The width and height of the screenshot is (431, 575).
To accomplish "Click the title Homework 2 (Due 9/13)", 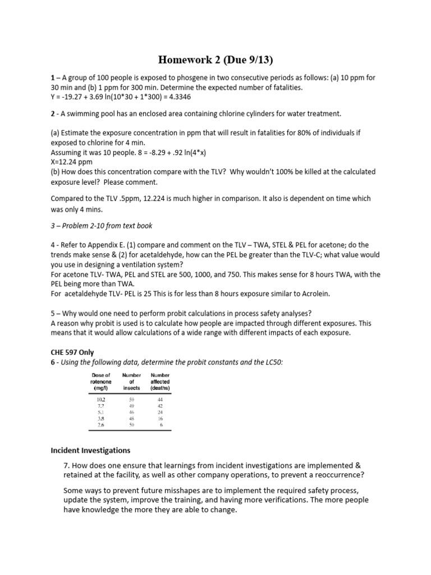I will click(x=215, y=60).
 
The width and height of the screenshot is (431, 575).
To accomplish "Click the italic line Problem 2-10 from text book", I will click(x=101, y=226).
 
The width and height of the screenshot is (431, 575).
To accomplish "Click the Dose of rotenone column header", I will click(x=100, y=381).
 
